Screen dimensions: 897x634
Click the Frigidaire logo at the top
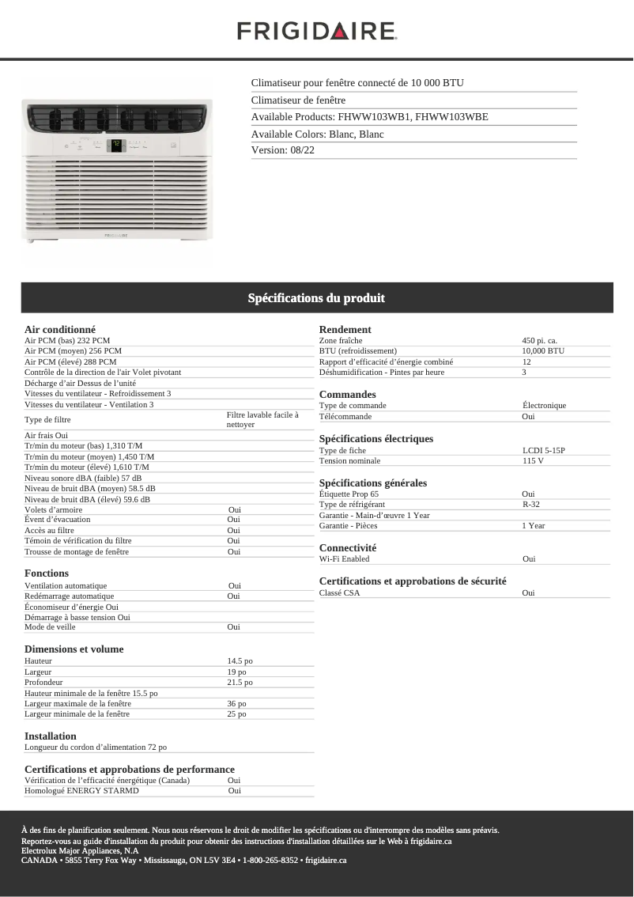coord(316,32)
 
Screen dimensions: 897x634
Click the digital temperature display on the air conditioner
coord(115,145)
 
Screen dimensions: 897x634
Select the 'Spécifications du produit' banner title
coord(316,298)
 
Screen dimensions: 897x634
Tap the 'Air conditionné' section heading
coord(60,329)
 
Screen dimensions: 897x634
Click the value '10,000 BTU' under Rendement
coord(543,350)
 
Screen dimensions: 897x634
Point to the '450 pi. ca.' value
coord(539,340)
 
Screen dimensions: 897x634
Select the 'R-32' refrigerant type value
coord(530,504)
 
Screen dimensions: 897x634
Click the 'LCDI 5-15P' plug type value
coord(543,450)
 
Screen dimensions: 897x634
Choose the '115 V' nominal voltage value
coord(533,460)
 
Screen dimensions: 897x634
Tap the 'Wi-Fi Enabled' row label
coord(344,558)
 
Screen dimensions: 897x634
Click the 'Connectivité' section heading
coord(348,547)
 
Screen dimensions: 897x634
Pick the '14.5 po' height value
coord(240,660)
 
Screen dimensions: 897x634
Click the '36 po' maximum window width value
coord(236,703)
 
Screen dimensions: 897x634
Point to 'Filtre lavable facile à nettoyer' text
coord(262,419)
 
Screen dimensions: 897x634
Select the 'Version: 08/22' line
coord(282,150)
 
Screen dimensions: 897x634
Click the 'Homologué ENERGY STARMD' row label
coord(81,790)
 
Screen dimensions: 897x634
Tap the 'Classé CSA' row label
coord(339,592)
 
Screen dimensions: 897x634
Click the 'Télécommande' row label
coord(345,416)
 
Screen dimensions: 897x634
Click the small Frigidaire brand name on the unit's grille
coord(116,235)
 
